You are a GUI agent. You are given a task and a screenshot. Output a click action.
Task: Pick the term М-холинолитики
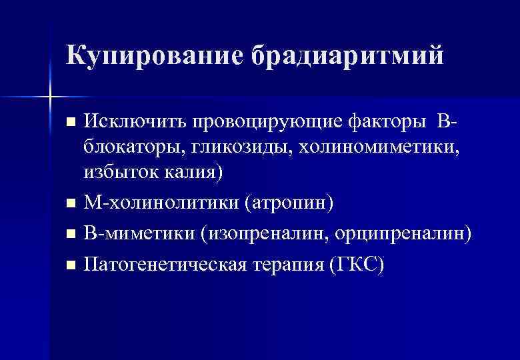coord(160,202)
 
